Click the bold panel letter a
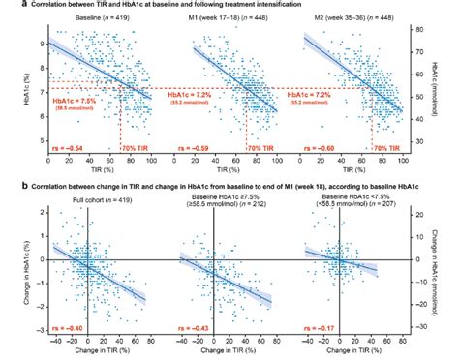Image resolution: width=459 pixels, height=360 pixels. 7,7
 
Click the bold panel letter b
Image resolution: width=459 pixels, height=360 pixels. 7,180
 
